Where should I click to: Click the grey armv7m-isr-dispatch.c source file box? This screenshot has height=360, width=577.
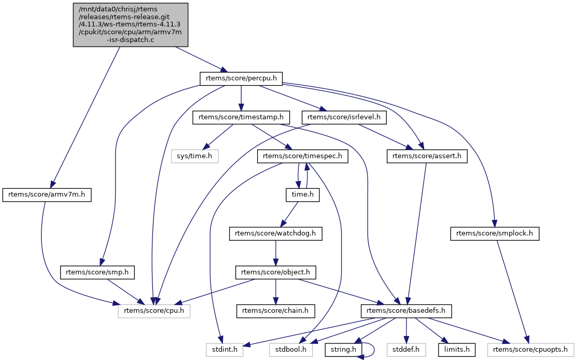point(131,25)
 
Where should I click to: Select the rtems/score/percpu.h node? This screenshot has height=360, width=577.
point(241,78)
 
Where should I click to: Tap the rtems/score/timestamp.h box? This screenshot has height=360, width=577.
point(241,117)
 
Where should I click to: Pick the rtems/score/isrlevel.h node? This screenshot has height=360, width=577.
point(344,117)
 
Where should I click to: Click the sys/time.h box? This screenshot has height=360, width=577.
point(194,156)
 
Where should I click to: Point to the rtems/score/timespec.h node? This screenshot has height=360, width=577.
point(302,156)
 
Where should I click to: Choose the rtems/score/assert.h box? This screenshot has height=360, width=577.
point(427,156)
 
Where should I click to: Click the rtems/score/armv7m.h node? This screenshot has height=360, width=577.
point(47,195)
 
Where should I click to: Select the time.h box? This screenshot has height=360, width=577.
point(302,195)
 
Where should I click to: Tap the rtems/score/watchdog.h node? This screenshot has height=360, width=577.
point(276,234)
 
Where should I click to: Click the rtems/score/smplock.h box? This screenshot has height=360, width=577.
point(495,234)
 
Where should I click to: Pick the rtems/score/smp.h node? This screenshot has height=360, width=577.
point(97,272)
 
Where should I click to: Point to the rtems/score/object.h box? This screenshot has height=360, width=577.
point(276,272)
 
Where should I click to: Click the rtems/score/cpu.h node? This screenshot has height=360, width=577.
point(154,311)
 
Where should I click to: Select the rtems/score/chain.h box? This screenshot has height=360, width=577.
point(276,311)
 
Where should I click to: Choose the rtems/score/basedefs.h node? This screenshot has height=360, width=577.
point(406,311)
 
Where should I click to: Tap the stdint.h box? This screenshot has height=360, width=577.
point(224,350)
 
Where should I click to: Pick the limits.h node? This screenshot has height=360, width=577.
point(457,350)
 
